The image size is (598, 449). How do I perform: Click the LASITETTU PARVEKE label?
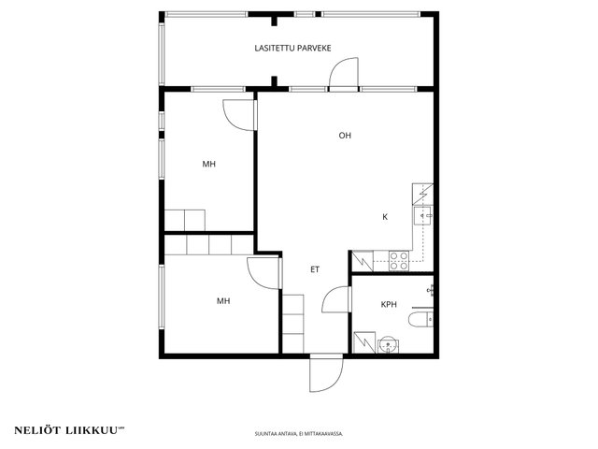[292, 48]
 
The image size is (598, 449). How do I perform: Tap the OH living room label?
[345, 135]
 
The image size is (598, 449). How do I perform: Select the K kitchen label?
[385, 217]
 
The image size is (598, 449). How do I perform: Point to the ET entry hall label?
[315, 269]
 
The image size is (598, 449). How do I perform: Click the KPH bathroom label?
[389, 304]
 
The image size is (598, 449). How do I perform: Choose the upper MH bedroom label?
[209, 165]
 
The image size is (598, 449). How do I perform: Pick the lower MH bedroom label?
[223, 301]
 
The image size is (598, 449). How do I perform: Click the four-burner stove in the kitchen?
[399, 261]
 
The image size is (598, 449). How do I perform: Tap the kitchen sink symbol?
[423, 216]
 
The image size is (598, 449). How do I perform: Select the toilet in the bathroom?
[420, 320]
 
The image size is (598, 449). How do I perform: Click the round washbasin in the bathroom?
[389, 345]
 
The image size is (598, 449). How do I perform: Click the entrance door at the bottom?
[326, 374]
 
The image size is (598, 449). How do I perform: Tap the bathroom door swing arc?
[329, 295]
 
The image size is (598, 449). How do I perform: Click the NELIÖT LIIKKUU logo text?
[69, 430]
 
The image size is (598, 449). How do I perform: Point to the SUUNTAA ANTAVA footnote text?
[299, 434]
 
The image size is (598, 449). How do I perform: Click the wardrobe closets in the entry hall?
[292, 324]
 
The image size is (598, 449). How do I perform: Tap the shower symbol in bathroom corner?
[364, 342]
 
